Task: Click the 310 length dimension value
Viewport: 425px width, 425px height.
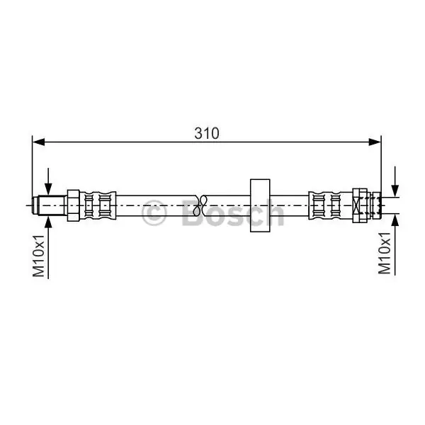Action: pyautogui.click(x=207, y=133)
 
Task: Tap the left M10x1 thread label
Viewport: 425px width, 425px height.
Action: pyautogui.click(x=38, y=256)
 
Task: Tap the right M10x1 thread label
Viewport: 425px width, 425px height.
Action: pyautogui.click(x=385, y=253)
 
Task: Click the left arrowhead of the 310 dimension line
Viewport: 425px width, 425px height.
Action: pyautogui.click(x=38, y=142)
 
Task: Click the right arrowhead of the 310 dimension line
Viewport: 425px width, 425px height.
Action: pyautogui.click(x=375, y=142)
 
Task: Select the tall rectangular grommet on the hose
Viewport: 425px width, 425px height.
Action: pyautogui.click(x=260, y=205)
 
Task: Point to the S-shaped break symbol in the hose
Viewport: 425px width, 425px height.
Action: pyautogui.click(x=200, y=205)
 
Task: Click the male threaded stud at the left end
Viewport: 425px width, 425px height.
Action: pyautogui.click(x=50, y=205)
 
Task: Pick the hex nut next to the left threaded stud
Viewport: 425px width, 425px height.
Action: pyautogui.click(x=74, y=205)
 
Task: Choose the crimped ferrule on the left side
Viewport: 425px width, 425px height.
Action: pyautogui.click(x=98, y=205)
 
